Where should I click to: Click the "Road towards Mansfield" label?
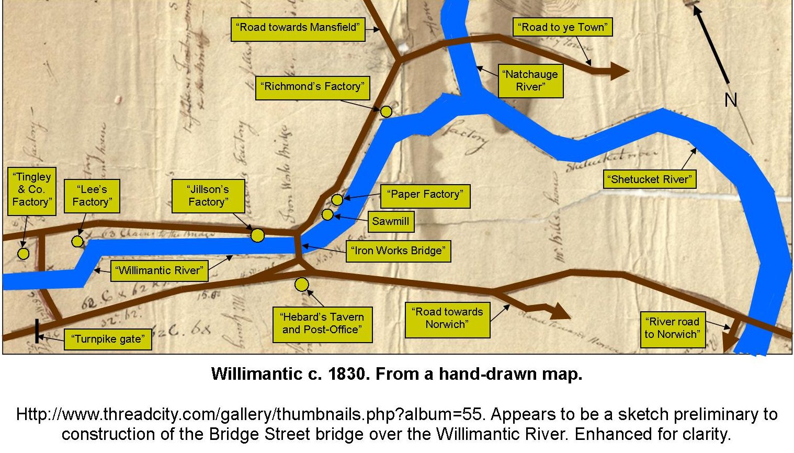[298, 28]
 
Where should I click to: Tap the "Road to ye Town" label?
[562, 27]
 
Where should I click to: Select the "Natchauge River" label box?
[530, 81]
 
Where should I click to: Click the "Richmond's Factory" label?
[312, 87]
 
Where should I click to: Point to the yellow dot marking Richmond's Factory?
[386, 111]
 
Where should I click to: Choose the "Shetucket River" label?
[650, 179]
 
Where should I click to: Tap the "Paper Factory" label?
[425, 195]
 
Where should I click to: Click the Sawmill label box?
[390, 221]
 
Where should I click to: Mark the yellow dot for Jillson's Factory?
[257, 235]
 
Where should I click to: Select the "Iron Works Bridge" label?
[398, 251]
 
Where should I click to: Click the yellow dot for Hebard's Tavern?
[302, 285]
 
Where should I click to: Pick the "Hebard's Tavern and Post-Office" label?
[322, 323]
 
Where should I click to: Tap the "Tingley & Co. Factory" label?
[31, 189]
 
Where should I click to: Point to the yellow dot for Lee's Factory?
[77, 241]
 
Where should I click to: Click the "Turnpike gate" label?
[108, 339]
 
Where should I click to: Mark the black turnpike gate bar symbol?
[37, 331]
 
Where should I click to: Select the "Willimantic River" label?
[160, 270]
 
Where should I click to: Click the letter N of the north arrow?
[731, 99]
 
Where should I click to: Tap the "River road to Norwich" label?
[672, 328]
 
